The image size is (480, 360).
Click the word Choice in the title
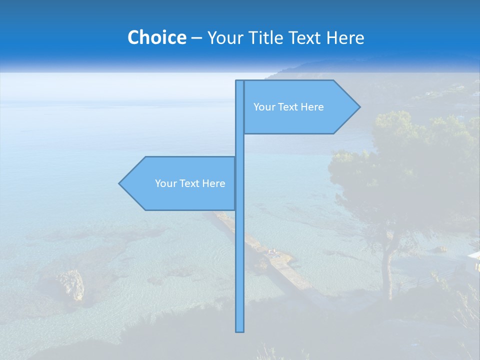click(156, 37)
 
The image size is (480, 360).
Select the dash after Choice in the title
click(196, 38)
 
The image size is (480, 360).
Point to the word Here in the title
click(345, 37)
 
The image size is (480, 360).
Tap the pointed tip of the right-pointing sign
click(358, 106)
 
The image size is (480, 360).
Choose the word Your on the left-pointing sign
click(165, 183)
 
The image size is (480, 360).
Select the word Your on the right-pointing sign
click(264, 107)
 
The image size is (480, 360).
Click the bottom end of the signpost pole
click(240, 330)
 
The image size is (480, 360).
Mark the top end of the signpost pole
click(240, 82)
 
